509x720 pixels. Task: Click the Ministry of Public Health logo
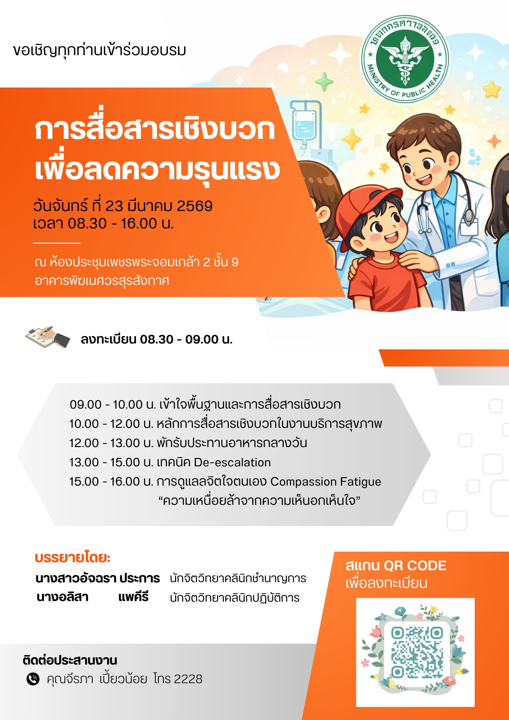[x=405, y=59]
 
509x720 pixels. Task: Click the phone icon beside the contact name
[x=33, y=679]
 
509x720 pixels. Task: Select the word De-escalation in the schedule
[x=232, y=462]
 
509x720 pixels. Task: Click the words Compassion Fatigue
[x=326, y=482]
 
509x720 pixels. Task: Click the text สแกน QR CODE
[x=396, y=566]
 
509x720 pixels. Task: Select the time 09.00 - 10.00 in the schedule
[x=106, y=405]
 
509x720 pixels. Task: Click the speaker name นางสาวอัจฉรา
[x=76, y=578]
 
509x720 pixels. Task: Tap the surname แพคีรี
[x=133, y=597]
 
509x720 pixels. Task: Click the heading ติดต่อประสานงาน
[x=70, y=661]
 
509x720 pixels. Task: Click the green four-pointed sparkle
[x=324, y=82]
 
